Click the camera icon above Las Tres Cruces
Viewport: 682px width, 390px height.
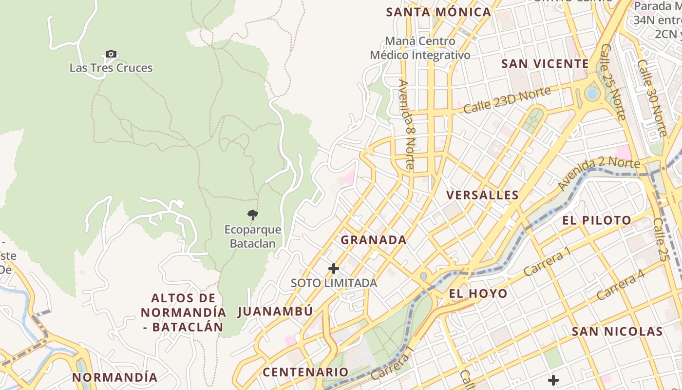(x=111, y=54)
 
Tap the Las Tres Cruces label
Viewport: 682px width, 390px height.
(x=111, y=68)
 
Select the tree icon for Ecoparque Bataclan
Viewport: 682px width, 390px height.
(x=252, y=214)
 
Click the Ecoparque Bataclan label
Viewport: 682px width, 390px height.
(x=253, y=236)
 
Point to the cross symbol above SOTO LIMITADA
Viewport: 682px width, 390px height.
(x=334, y=269)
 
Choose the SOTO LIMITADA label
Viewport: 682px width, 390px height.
(x=334, y=283)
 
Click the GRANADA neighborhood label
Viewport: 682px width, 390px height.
(x=373, y=240)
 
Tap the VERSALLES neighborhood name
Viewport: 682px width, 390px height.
(x=482, y=195)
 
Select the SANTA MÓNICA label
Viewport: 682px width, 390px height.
(x=438, y=12)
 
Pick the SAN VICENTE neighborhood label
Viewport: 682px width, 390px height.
(x=545, y=64)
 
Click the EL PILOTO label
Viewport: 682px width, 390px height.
(x=597, y=220)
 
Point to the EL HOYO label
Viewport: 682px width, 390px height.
(x=478, y=293)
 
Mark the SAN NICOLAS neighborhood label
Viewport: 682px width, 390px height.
(x=617, y=331)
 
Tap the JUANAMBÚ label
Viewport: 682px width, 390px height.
(x=275, y=312)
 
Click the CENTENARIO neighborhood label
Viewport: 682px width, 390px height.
(x=305, y=372)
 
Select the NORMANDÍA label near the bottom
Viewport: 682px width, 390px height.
(x=115, y=377)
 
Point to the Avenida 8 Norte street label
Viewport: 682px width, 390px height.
(x=406, y=124)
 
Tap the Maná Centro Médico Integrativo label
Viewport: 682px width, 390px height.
(x=420, y=48)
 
